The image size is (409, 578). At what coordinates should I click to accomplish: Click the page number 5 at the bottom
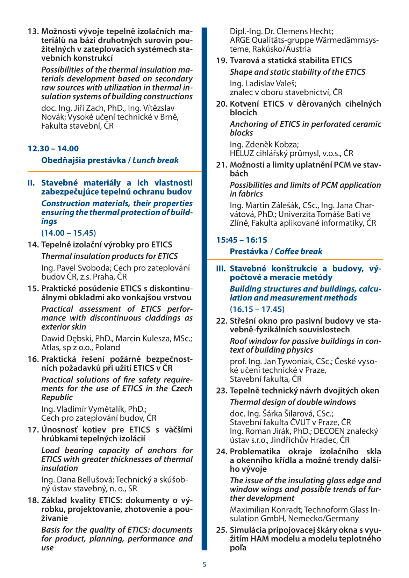point(204,564)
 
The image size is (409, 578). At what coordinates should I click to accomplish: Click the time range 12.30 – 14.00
point(53,149)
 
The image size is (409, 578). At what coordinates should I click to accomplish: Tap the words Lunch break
point(156,160)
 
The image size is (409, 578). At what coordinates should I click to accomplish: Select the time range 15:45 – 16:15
point(242,240)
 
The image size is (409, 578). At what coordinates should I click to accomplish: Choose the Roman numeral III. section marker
point(221,268)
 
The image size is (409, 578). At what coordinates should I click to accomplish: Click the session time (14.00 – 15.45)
point(69,233)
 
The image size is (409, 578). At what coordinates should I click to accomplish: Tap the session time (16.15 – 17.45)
point(257,309)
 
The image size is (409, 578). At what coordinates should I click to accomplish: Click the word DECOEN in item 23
point(333,431)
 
